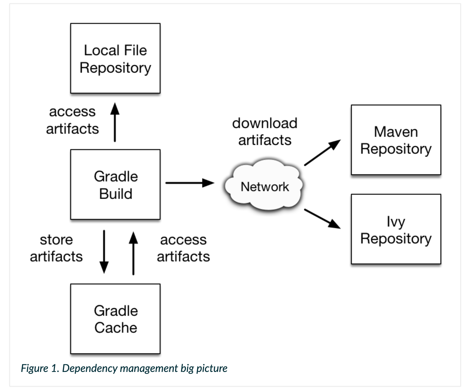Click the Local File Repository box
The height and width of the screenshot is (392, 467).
(115, 58)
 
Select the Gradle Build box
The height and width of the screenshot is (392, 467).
(115, 185)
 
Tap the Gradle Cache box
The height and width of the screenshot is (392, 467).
(115, 319)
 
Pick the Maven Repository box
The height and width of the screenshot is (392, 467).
(396, 140)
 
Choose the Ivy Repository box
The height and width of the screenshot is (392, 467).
(396, 229)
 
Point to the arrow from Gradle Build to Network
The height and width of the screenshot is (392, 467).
(189, 183)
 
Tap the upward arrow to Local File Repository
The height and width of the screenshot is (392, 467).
(115, 122)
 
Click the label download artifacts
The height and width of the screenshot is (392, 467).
(265, 131)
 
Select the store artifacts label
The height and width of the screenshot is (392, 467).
(56, 248)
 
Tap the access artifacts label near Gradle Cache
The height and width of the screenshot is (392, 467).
(183, 248)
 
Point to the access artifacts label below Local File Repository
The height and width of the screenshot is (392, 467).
(72, 120)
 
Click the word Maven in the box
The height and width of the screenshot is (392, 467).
(396, 132)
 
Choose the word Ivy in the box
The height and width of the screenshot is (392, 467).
(396, 221)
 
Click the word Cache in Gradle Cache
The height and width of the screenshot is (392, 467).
(116, 327)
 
